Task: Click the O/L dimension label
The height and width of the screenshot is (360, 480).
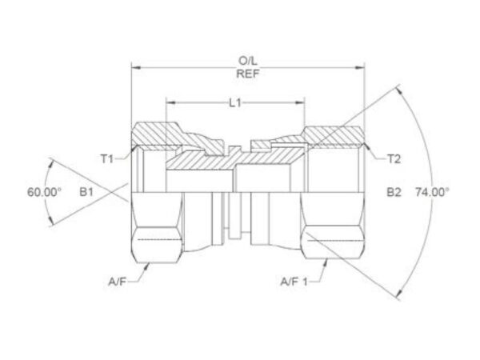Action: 248,61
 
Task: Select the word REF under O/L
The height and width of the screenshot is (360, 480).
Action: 248,74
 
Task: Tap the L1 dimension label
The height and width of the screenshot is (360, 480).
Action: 235,103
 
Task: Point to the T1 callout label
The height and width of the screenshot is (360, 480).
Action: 107,159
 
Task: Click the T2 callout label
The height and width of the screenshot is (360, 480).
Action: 394,159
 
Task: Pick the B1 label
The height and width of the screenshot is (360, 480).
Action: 86,192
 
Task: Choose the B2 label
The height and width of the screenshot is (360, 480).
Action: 394,192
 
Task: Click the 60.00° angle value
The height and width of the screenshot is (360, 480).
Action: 44,192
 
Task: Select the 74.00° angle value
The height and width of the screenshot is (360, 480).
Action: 432,192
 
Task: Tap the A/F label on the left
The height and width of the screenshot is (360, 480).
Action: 117,282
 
